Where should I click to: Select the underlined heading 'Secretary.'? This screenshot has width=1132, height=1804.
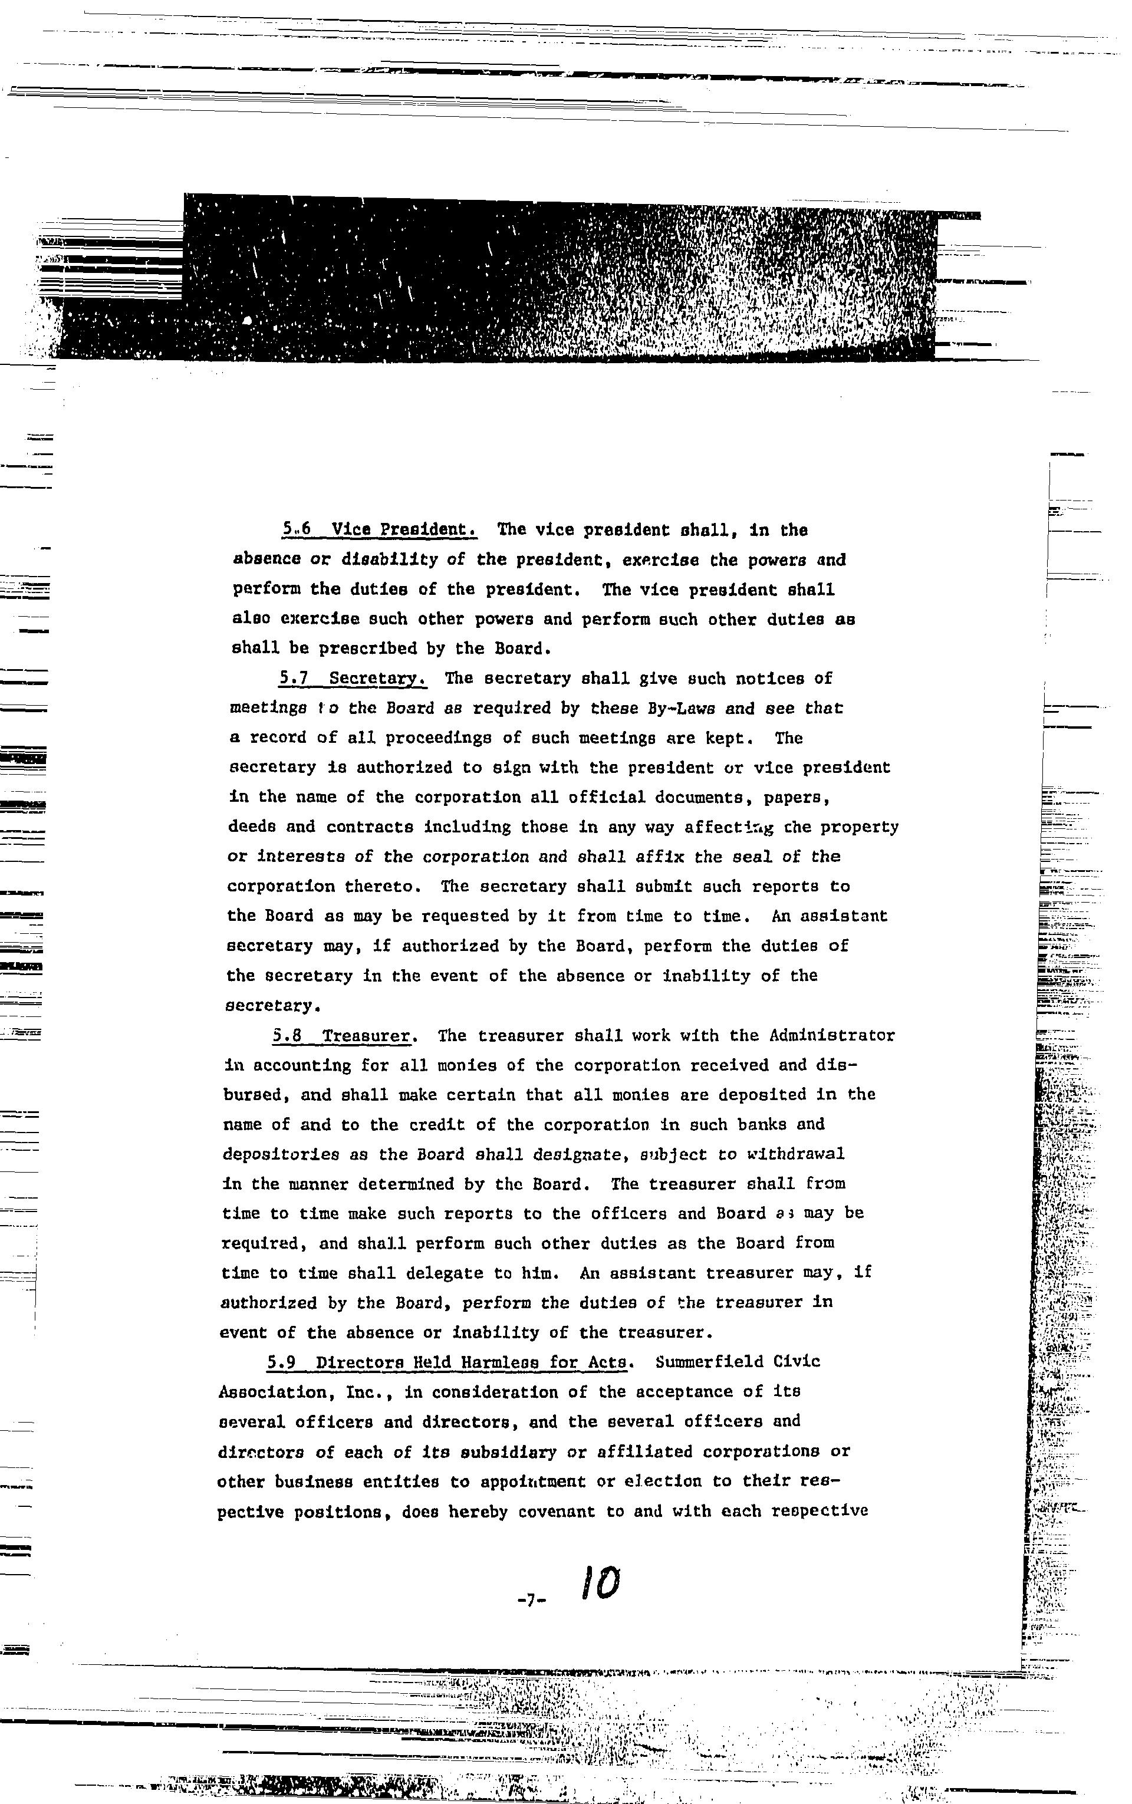(x=377, y=678)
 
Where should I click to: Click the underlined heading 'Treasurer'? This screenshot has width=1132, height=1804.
(x=366, y=1035)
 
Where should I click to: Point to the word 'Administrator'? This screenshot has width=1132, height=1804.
(x=832, y=1035)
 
